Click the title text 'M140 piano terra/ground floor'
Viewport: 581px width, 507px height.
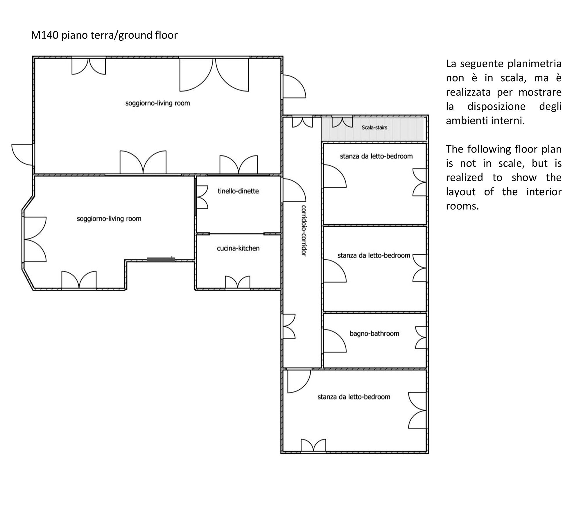104,35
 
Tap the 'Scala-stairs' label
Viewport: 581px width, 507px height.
374,127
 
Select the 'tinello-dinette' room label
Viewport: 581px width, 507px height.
238,191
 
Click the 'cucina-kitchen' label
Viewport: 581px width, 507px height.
238,248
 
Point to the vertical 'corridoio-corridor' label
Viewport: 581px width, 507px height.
304,230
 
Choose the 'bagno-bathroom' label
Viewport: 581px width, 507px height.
374,333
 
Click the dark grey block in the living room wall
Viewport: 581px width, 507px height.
161,259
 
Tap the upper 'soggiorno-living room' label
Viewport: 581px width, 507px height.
157,103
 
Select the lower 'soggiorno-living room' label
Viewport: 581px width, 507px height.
109,218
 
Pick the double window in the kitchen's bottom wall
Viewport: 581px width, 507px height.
238,282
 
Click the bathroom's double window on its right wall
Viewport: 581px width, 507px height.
421,337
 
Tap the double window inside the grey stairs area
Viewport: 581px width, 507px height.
342,122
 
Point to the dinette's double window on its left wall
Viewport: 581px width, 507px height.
202,197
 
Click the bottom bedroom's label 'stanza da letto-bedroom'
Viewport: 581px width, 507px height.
354,397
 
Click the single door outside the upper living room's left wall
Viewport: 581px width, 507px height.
22,155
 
